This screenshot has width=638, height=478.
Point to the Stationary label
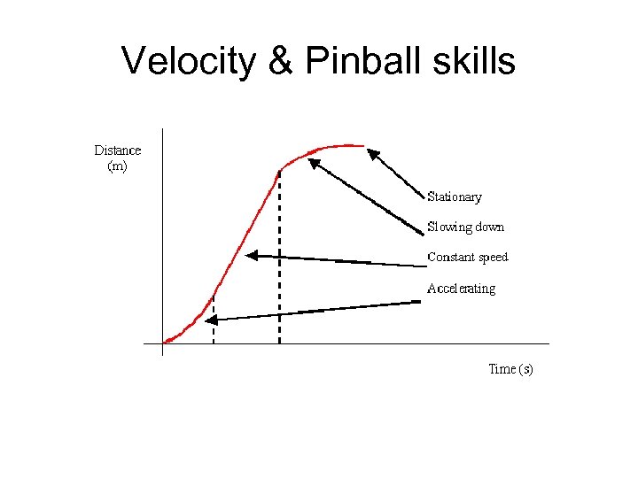pos(455,197)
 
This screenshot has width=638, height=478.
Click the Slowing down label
pos(465,227)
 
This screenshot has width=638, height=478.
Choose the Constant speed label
pos(468,258)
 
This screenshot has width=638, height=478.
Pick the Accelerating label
pos(461,289)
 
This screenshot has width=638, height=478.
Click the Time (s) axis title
pos(510,369)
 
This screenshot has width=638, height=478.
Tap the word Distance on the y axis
pos(118,150)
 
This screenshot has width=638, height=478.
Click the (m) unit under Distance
pos(117,166)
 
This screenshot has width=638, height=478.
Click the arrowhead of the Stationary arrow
pos(373,154)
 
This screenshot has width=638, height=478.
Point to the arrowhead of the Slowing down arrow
pos(313,162)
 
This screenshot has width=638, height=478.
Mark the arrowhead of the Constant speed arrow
pos(252,255)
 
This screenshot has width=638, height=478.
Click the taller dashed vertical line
pos(279,257)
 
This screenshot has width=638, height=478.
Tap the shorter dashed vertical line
pos(214,319)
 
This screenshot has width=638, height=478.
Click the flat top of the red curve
pos(341,145)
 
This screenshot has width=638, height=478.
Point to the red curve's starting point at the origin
pos(167,341)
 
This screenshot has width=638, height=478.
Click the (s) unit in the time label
pos(526,369)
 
